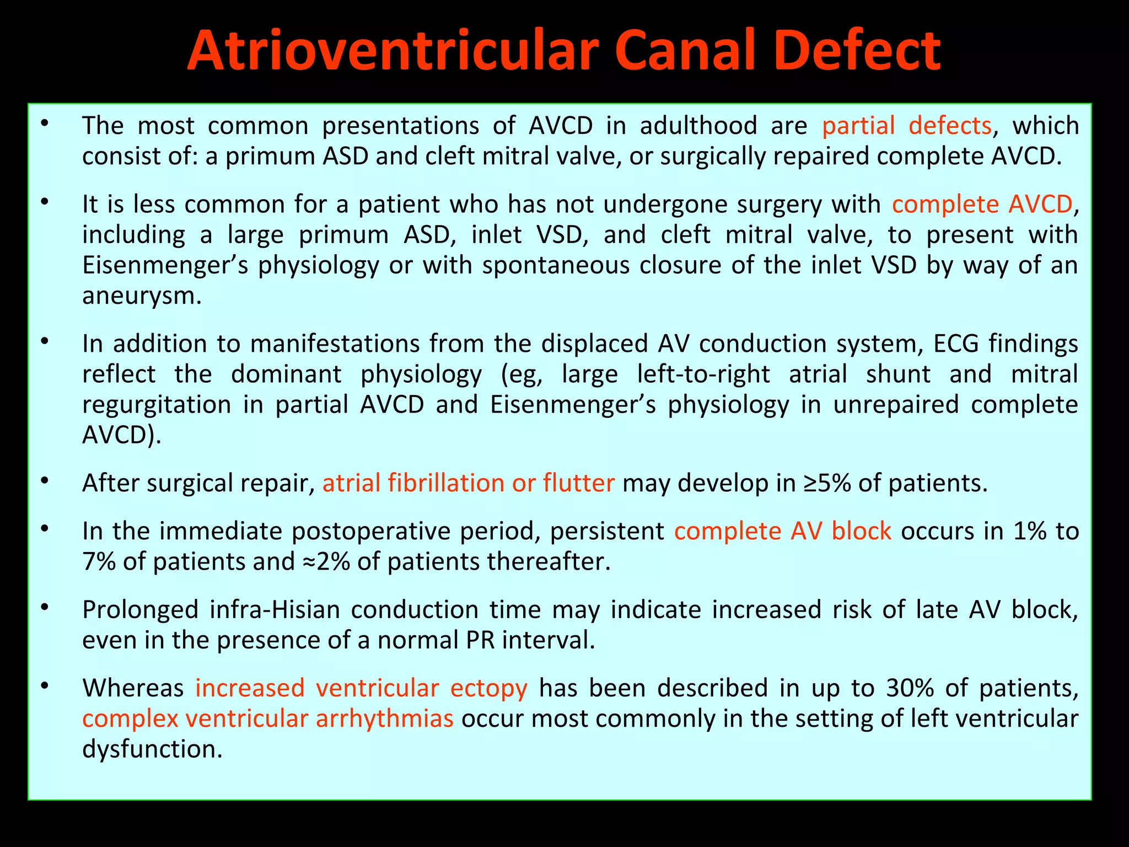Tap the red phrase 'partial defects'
coord(907,126)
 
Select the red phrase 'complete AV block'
coord(783,531)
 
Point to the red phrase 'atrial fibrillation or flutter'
coord(469,483)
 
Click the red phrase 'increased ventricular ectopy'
coord(361,688)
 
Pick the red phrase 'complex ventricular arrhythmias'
coord(268,719)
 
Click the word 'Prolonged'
coord(140,610)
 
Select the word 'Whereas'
coord(133,688)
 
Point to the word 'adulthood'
coord(698,126)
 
